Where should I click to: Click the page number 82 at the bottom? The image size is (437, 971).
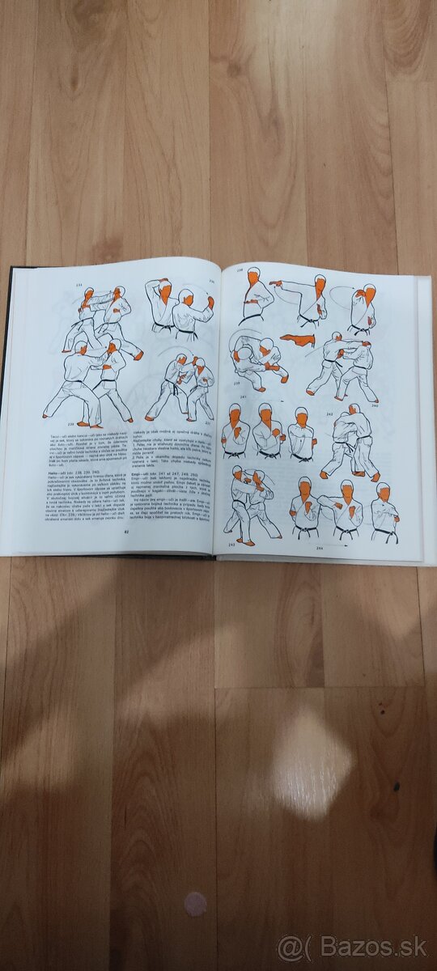point(126,531)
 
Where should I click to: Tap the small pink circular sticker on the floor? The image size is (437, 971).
point(194,904)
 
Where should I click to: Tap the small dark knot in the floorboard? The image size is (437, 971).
point(396,785)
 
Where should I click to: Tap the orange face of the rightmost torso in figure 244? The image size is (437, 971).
point(382,494)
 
